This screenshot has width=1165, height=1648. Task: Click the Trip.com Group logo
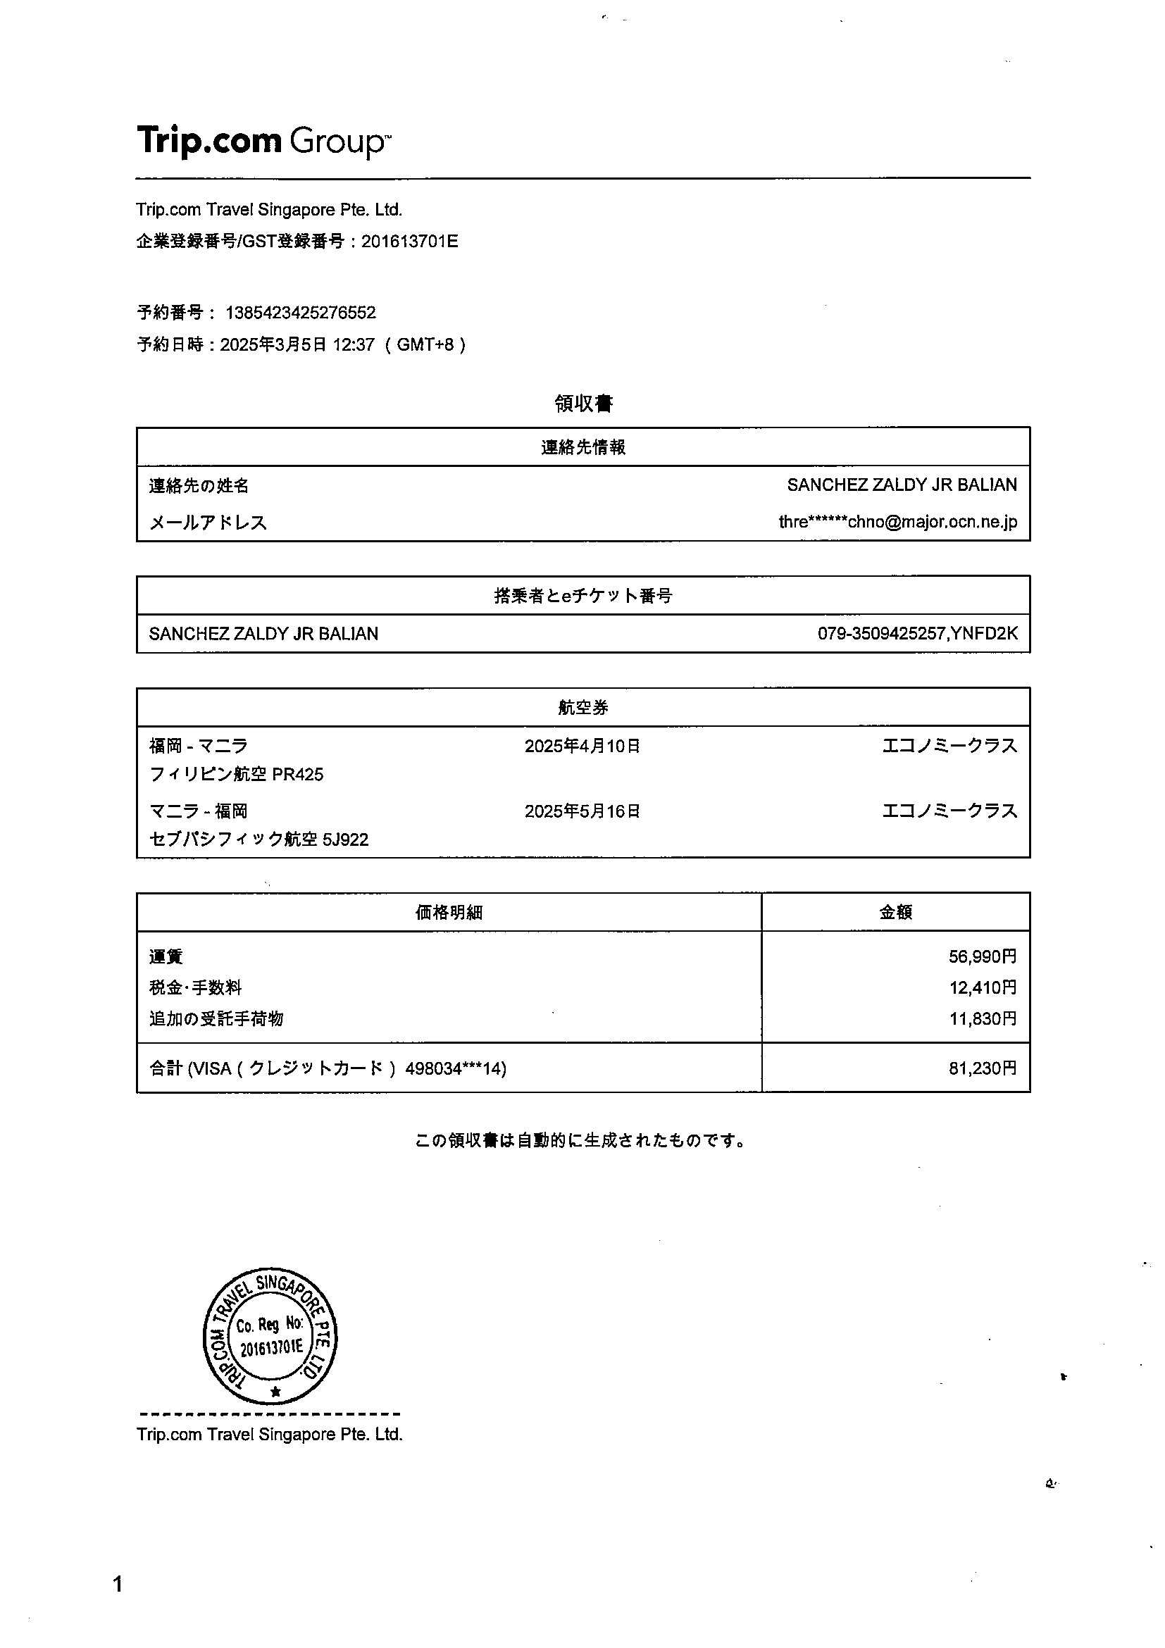click(x=263, y=140)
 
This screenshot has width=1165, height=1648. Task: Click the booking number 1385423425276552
click(x=300, y=313)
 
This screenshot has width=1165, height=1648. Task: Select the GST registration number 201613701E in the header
click(x=409, y=241)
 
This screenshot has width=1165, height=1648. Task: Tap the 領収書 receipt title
click(x=583, y=404)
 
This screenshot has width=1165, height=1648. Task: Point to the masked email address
click(x=897, y=522)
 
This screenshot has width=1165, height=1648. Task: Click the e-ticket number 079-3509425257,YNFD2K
click(x=916, y=633)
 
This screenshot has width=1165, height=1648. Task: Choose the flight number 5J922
click(x=345, y=839)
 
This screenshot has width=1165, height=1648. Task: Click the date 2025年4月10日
click(x=582, y=746)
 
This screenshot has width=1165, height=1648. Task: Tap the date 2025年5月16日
click(x=582, y=811)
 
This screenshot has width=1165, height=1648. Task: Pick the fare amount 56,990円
click(x=982, y=956)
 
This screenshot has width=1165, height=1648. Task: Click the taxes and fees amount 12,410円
click(x=982, y=987)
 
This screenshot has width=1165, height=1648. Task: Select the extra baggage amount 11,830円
click(x=982, y=1018)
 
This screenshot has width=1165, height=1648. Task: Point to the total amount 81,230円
click(x=982, y=1068)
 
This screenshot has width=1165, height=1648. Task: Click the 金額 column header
click(x=895, y=911)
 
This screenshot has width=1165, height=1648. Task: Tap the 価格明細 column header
click(x=449, y=911)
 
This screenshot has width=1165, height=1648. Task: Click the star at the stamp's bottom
click(x=275, y=1392)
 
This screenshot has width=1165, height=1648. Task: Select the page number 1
click(x=118, y=1584)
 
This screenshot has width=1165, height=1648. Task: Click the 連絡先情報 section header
click(x=583, y=447)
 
